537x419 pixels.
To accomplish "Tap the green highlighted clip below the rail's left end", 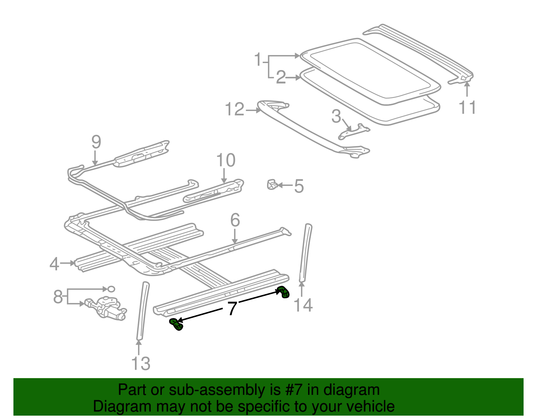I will tap(176, 324).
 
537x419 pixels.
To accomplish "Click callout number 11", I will tap(467, 108).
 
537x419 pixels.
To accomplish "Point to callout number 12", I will tap(234, 110).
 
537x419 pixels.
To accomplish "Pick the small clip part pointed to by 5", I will tap(272, 185).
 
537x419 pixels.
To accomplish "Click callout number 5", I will tap(299, 186).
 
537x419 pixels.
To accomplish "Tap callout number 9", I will tap(96, 142).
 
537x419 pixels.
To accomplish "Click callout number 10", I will tap(226, 160).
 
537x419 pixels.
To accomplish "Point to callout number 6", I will tap(235, 220).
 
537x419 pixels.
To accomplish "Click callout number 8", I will tap(58, 297).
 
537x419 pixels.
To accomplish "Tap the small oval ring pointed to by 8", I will tap(111, 289).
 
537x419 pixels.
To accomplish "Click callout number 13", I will tap(140, 364).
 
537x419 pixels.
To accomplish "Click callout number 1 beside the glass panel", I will tap(257, 60).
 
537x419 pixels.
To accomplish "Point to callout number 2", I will tap(281, 78).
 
